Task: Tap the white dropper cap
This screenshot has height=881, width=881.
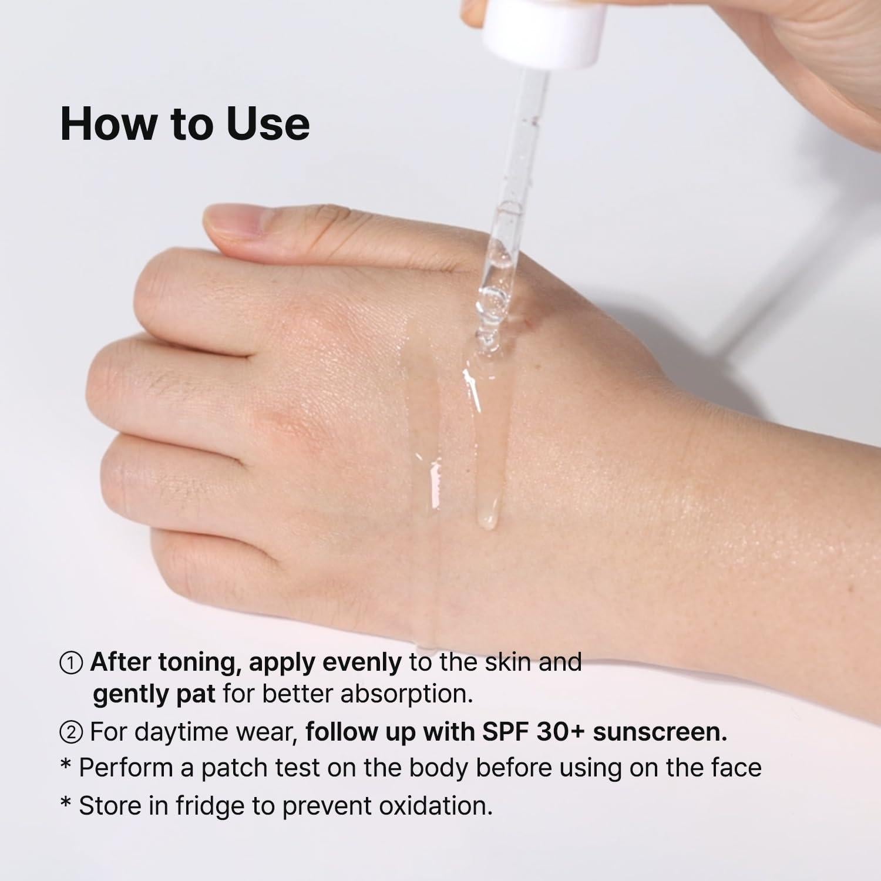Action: (x=544, y=32)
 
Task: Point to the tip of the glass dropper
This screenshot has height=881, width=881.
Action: (x=486, y=339)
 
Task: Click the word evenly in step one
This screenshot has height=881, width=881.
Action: (x=362, y=663)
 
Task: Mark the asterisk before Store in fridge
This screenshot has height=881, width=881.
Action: (x=66, y=804)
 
